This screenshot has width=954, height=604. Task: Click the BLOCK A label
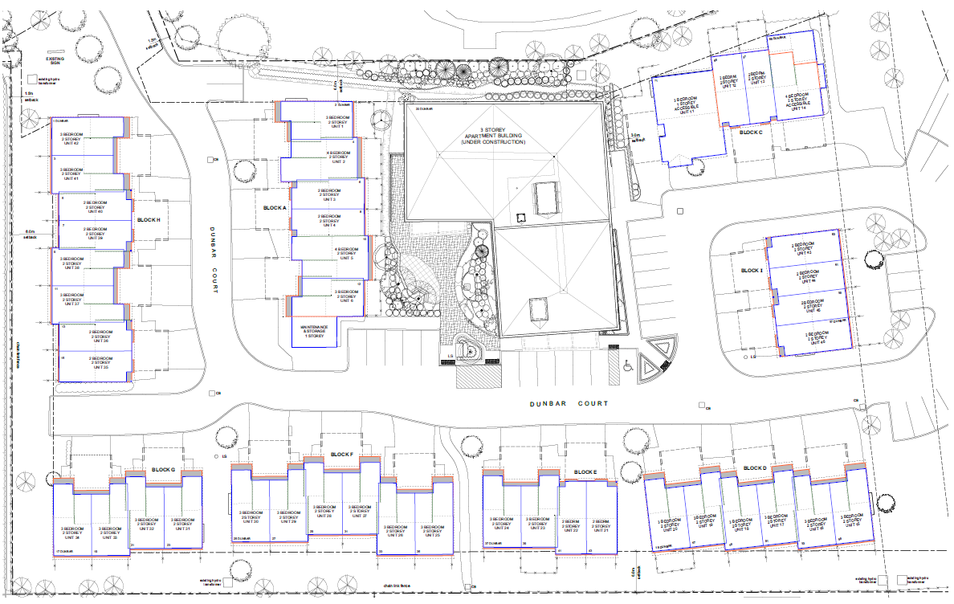(275, 208)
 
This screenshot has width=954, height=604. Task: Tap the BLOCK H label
(149, 220)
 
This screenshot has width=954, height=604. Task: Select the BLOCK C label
(750, 131)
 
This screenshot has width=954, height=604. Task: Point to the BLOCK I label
(752, 271)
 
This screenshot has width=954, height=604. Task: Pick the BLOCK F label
(341, 455)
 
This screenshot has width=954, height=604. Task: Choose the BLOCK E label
(585, 472)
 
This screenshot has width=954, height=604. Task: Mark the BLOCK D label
(755, 468)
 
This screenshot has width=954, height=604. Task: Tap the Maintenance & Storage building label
(312, 332)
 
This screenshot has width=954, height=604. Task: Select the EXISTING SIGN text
(54, 59)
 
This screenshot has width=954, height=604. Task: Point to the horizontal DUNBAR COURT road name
(569, 403)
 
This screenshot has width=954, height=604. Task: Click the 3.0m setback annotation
(638, 137)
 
